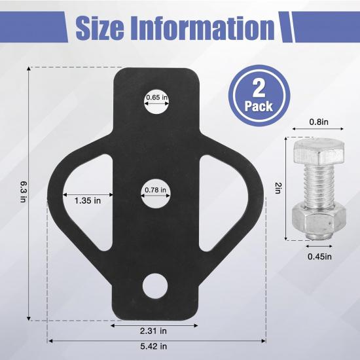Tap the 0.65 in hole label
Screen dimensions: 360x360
tap(157, 98)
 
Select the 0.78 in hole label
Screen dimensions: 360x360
tap(157, 191)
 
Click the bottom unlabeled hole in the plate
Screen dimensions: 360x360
tap(157, 286)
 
